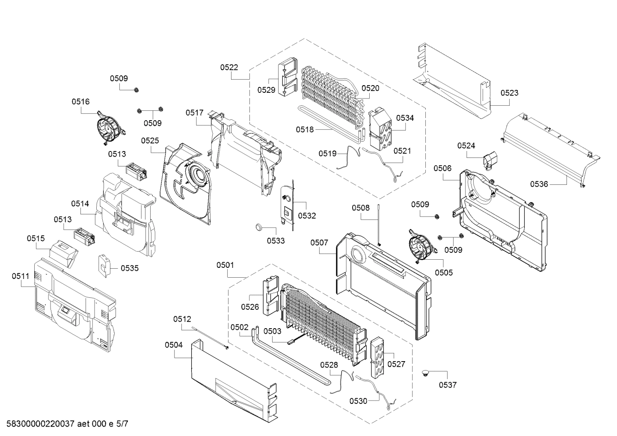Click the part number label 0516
[x=80, y=101]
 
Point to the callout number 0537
[x=448, y=385]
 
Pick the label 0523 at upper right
[x=509, y=93]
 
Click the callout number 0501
[x=225, y=265]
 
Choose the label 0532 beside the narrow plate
[x=307, y=216]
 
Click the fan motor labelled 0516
[x=108, y=128]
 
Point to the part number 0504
[x=173, y=345]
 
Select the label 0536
[x=539, y=184]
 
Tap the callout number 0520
[x=370, y=88]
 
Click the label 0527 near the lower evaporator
[x=396, y=364]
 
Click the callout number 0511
[x=21, y=276]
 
